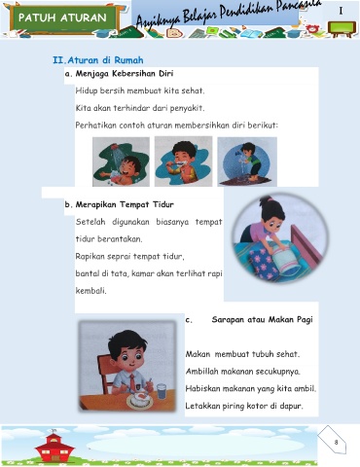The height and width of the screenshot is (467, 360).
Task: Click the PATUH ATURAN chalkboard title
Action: click(x=62, y=18)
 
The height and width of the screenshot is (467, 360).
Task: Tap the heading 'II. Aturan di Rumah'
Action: click(x=98, y=60)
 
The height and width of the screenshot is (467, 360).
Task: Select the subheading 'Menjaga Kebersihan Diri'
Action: click(x=125, y=74)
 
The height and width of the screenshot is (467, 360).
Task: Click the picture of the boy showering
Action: click(x=121, y=162)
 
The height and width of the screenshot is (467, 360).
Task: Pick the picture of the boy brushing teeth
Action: click(x=183, y=162)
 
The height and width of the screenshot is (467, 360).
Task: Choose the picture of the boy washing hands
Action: click(x=247, y=162)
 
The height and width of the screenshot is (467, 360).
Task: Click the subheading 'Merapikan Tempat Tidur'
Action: click(x=125, y=204)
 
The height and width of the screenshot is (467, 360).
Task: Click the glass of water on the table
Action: click(x=162, y=391)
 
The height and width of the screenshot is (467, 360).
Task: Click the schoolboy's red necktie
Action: click(x=132, y=383)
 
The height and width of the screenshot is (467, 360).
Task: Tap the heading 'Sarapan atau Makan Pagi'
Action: click(x=262, y=320)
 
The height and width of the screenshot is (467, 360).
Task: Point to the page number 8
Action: click(x=336, y=442)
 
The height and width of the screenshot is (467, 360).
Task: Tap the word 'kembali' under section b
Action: click(x=90, y=291)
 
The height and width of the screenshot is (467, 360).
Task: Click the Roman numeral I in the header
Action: click(x=341, y=11)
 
